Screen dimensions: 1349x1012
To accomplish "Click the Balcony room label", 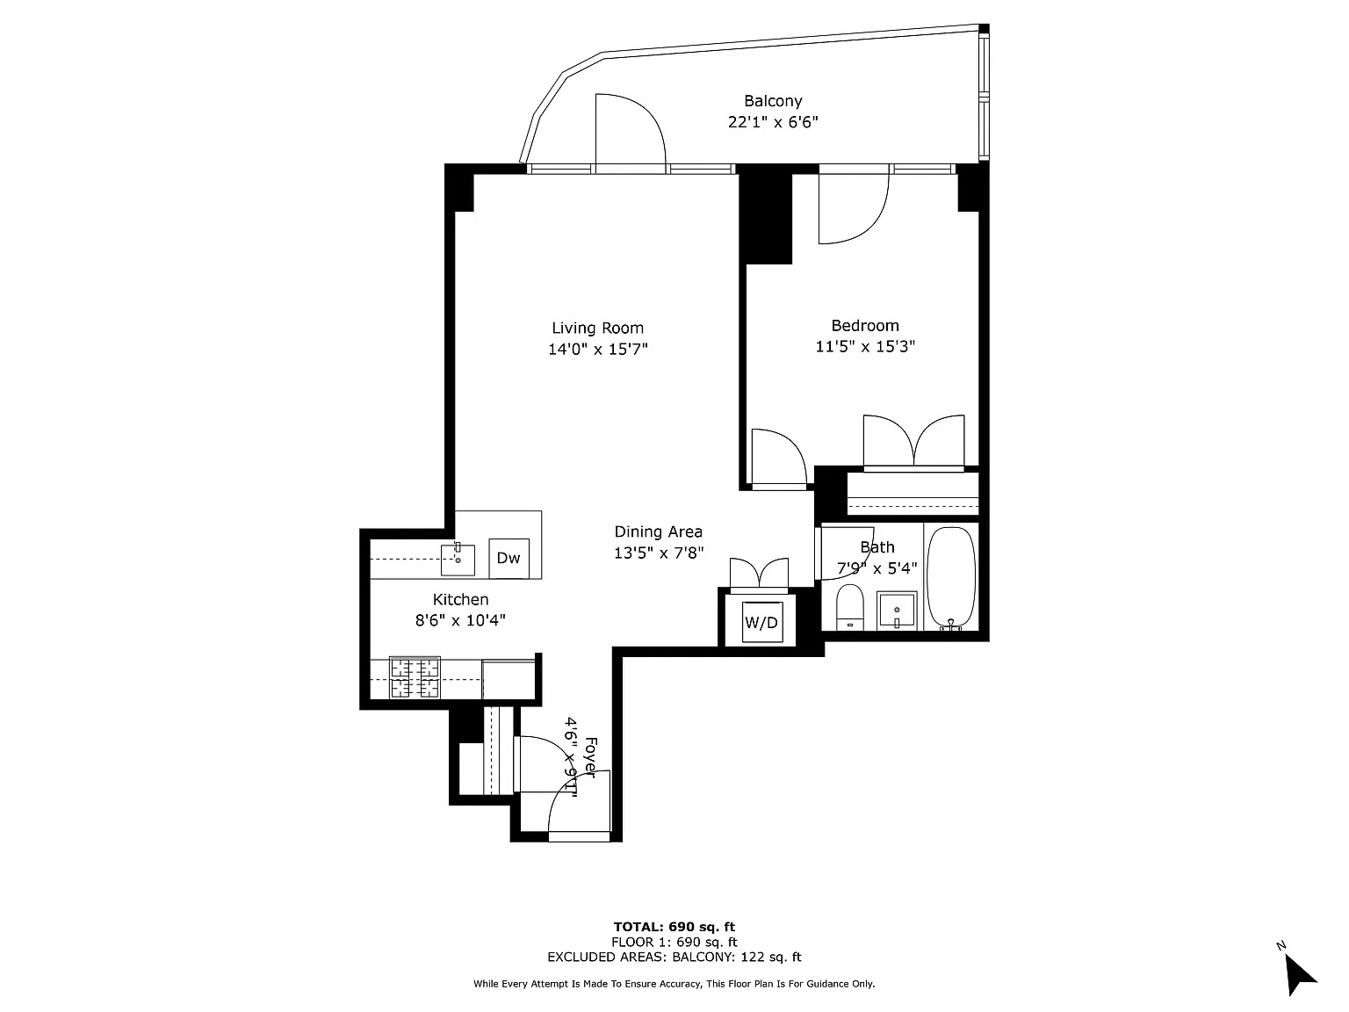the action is pos(773,101).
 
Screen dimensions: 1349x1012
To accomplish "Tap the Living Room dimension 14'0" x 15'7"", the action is pos(597,349).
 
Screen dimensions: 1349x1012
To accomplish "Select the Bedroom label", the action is pos(865,326).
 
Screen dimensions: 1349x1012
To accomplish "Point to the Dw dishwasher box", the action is pos(509,558).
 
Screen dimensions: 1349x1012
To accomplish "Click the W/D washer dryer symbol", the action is pos(761,623).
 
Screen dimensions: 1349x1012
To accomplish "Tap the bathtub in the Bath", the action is pos(951,577).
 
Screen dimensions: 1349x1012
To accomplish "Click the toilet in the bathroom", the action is pos(850,607).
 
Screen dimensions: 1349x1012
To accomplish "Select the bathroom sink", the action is pos(897,611).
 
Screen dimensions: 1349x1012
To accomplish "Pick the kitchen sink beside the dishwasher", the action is pos(458,560).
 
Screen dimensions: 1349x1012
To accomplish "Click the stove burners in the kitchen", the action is pos(415,677).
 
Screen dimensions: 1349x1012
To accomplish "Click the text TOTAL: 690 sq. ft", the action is pos(674,927).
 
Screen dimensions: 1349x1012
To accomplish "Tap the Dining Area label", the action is pos(658,532).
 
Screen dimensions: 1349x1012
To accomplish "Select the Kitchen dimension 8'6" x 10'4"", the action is pos(460,620).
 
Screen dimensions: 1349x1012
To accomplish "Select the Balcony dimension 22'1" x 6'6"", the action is pos(773,121).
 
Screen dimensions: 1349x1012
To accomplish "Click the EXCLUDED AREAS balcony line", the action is pos(674,957).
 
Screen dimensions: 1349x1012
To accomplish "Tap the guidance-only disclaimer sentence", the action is pos(674,984).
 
